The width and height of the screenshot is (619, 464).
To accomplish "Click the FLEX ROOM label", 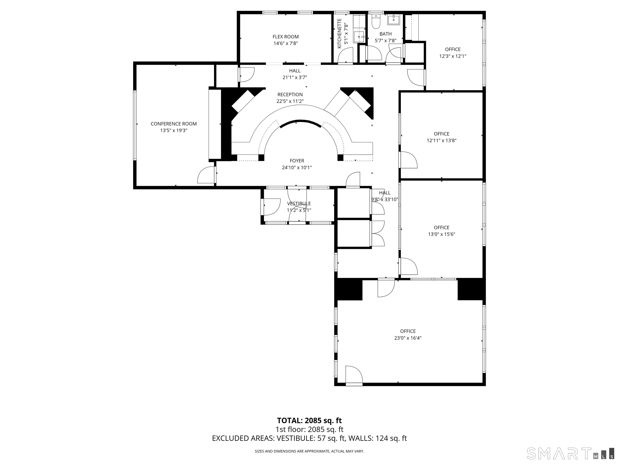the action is click(x=286, y=37).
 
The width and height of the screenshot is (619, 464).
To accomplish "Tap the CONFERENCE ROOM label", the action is click(x=173, y=124).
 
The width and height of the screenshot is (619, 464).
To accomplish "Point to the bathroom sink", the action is click(x=394, y=20).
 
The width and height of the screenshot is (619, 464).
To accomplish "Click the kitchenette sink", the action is click(x=359, y=36).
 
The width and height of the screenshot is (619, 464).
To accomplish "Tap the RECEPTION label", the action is click(x=290, y=94).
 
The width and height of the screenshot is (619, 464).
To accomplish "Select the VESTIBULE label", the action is click(x=299, y=204).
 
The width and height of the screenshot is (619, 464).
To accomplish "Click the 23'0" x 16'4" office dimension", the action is click(x=408, y=338).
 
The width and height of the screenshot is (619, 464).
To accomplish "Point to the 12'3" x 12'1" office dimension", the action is click(x=453, y=56).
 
